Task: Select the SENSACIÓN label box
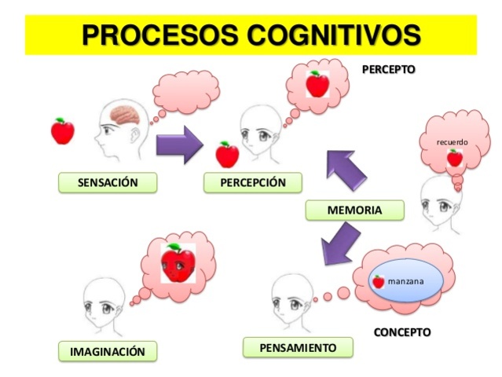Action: click(108, 183)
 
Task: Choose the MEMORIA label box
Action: click(354, 210)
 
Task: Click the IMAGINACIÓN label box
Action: click(108, 351)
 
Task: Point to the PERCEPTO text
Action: click(388, 69)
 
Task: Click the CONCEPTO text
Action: click(402, 331)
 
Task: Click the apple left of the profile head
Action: click(62, 131)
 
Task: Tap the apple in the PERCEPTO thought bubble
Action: click(316, 82)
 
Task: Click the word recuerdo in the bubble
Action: click(452, 142)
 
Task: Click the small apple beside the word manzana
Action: click(378, 281)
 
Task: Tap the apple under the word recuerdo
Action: click(454, 158)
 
